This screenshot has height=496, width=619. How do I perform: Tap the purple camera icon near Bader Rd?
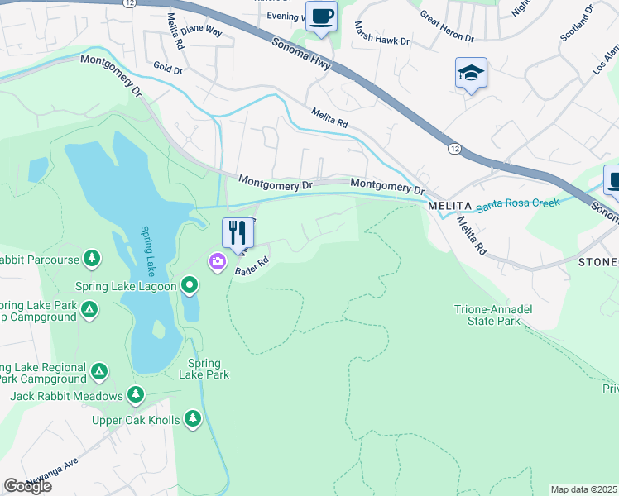[x=217, y=262]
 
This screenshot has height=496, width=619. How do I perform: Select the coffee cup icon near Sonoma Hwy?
[x=322, y=16]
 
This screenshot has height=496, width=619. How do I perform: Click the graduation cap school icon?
[x=471, y=74]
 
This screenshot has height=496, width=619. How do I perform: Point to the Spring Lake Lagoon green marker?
[x=190, y=286]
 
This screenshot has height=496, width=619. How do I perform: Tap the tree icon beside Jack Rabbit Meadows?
[x=135, y=396]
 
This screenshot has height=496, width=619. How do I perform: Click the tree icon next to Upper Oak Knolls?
[x=193, y=419]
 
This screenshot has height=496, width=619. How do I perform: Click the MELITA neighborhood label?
[x=449, y=205]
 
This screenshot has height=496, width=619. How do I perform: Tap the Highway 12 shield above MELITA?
[x=453, y=148]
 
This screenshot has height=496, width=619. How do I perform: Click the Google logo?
[x=27, y=486]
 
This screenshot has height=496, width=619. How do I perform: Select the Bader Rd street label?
[x=253, y=266]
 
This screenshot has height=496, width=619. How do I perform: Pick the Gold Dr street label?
[x=168, y=69]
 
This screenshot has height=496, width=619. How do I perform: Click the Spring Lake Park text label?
[x=204, y=369]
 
